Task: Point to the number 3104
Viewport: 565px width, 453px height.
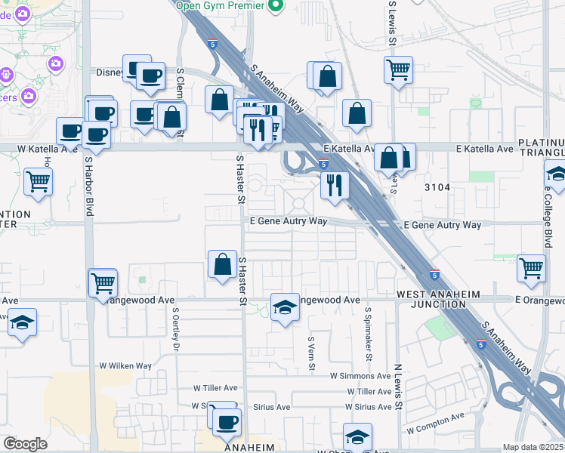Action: click(438, 186)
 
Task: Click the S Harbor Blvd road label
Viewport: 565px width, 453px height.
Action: click(88, 186)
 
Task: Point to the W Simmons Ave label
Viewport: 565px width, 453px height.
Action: click(361, 375)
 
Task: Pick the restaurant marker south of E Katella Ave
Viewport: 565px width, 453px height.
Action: click(335, 185)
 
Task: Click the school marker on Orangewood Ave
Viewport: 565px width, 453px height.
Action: click(285, 307)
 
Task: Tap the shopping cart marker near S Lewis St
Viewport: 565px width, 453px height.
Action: click(398, 70)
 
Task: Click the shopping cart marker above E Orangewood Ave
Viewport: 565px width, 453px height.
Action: click(533, 267)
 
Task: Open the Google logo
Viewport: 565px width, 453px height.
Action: click(25, 444)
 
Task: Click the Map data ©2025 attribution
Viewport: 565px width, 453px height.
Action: click(533, 447)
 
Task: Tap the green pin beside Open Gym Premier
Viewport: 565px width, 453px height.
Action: click(275, 6)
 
